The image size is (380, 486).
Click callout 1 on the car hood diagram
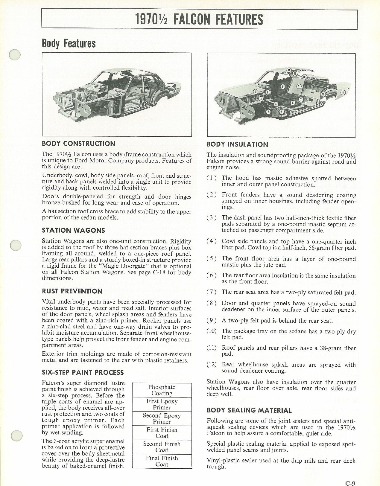(x=255, y=92)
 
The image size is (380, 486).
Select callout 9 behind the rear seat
(x=298, y=86)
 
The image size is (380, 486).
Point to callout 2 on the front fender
(x=268, y=112)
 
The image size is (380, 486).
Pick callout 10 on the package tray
(x=304, y=77)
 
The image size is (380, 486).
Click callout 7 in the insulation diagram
(x=301, y=99)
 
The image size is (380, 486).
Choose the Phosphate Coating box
(x=162, y=390)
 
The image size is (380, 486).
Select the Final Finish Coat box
(x=162, y=461)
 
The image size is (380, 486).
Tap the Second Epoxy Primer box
(x=162, y=418)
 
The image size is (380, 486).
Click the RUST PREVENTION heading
(x=72, y=291)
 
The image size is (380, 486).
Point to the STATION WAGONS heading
(x=73, y=230)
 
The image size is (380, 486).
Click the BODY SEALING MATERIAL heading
(x=249, y=410)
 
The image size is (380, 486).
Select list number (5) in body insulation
(x=212, y=258)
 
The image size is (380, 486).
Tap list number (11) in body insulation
(x=212, y=348)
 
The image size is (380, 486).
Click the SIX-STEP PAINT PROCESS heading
(x=83, y=372)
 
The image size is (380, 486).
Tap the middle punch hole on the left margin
(x=15, y=245)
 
